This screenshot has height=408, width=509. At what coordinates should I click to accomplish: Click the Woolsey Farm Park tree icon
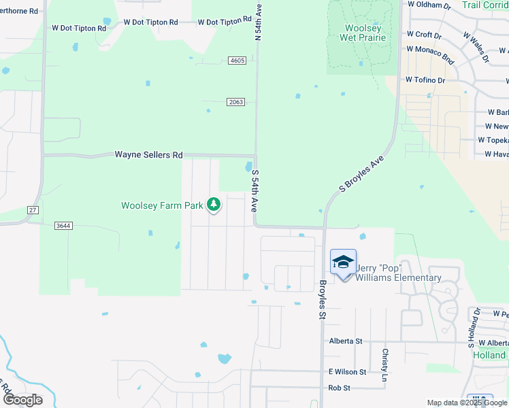pos(214,204)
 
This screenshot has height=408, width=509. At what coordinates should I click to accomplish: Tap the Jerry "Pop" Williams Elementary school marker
pos(343,262)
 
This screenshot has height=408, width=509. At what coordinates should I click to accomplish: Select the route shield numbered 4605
pos(237,61)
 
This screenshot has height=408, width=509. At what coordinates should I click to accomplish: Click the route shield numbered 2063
pos(235,101)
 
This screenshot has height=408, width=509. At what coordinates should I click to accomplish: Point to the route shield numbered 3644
pos(63,225)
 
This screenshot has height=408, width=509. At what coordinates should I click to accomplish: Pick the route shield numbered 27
pos(33,210)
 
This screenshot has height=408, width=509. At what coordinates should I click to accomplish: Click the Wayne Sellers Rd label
pos(148,155)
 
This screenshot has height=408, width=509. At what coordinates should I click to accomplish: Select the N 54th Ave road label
pos(258,22)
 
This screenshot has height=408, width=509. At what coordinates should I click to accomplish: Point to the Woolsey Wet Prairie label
pos(363,32)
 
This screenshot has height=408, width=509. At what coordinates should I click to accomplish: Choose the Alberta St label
pos(346,341)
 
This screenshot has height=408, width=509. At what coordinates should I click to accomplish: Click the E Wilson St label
pos(347,372)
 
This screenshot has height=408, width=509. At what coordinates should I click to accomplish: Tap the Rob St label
pos(339,388)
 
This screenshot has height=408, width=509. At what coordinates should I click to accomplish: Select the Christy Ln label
pos(384,359)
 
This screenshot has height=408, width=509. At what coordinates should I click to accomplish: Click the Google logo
pos(22,400)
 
